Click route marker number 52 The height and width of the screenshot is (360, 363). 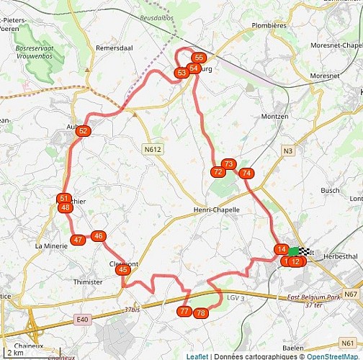tap(83, 130)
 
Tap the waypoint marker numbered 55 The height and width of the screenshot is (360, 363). tap(200, 58)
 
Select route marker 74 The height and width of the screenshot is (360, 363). tap(246, 173)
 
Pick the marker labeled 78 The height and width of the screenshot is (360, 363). tap(201, 312)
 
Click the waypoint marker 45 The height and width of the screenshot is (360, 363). tap(123, 269)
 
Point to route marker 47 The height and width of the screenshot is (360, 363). tap(78, 240)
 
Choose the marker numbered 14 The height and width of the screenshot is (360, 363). tap(282, 249)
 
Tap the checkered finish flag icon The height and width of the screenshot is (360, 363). tap(305, 252)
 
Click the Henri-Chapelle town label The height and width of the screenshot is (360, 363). tap(216, 210)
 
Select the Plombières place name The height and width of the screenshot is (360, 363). tap(269, 25)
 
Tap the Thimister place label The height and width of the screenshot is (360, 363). tap(88, 282)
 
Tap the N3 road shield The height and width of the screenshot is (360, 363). tap(288, 150)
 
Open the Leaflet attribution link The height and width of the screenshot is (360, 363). tap(197, 356)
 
